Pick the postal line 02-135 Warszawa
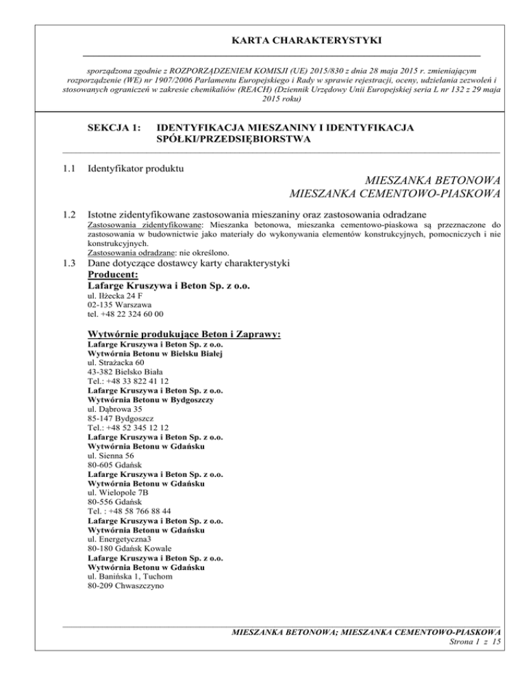(x=120, y=305)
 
